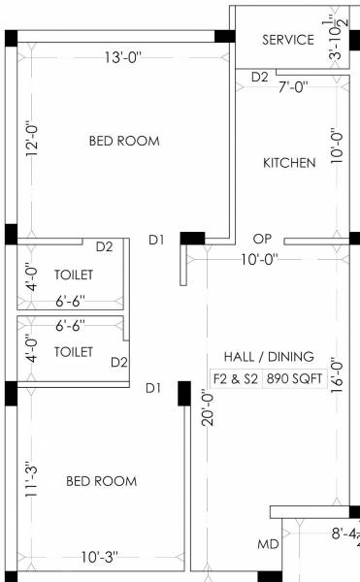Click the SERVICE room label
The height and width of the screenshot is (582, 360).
(x=288, y=40)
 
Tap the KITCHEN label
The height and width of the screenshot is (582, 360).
(x=289, y=163)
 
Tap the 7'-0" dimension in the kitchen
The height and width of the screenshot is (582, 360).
(x=293, y=86)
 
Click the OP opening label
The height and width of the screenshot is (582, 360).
(x=261, y=238)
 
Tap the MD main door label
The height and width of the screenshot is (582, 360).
(x=268, y=545)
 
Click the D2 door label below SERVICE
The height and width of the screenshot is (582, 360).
(x=259, y=77)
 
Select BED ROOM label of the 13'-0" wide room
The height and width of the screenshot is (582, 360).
(x=124, y=141)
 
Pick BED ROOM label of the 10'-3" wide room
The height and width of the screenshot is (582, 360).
(x=101, y=481)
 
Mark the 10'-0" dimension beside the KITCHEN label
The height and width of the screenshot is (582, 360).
(x=337, y=146)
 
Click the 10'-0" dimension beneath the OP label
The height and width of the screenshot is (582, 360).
(x=259, y=258)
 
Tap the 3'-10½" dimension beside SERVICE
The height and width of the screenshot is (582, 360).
(x=336, y=39)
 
